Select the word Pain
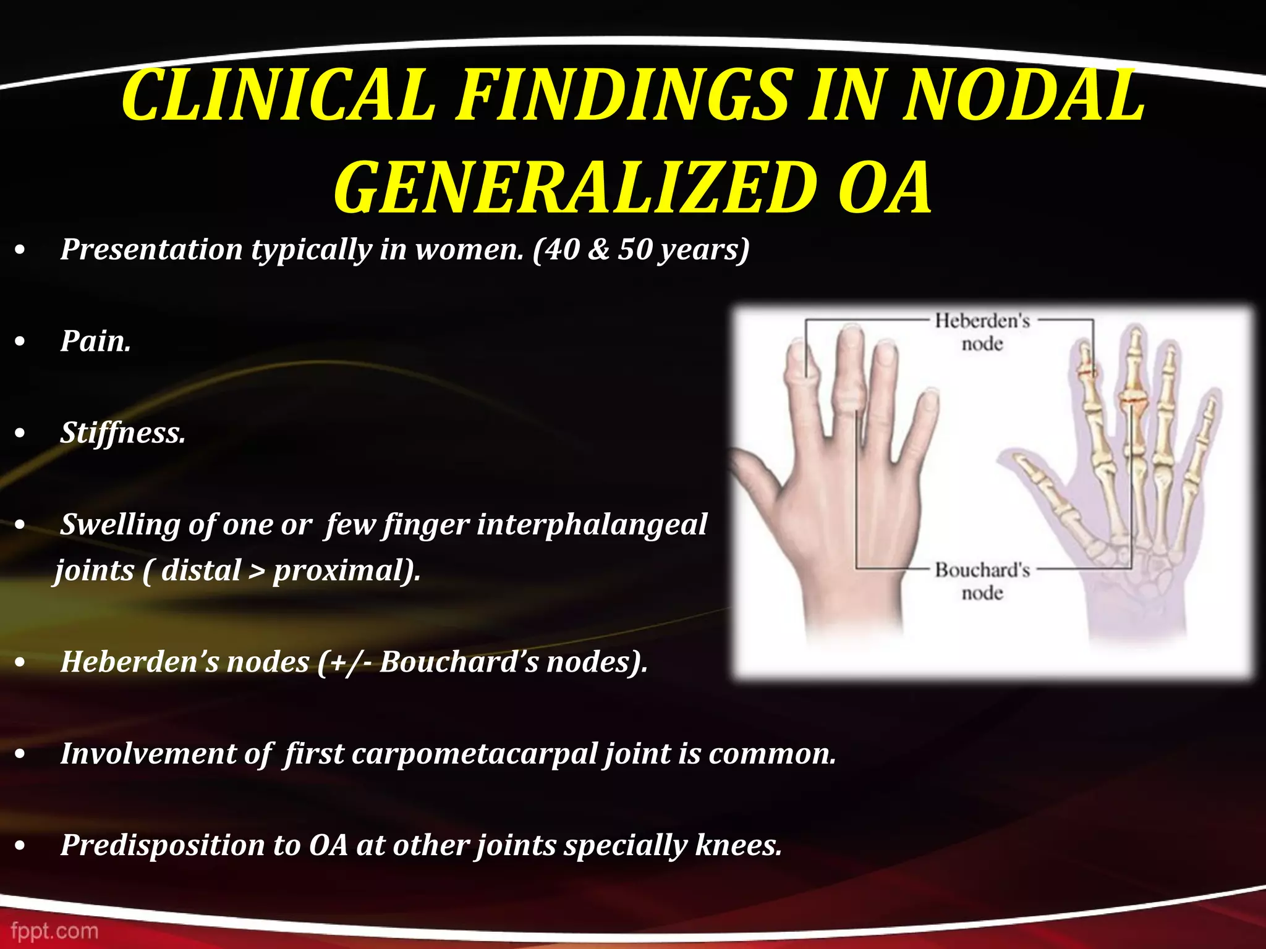(x=95, y=341)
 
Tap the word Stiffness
(x=122, y=432)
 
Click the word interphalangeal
(x=591, y=525)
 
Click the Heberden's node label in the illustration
(x=982, y=332)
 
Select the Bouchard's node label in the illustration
(x=982, y=581)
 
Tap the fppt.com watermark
(x=54, y=930)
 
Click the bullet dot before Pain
(x=20, y=342)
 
